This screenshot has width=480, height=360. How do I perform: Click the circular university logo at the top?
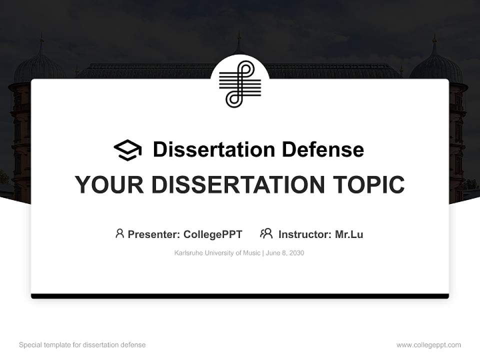[240, 83]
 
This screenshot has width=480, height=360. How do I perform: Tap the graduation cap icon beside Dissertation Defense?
[127, 149]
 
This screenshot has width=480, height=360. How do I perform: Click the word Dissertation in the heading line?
[213, 149]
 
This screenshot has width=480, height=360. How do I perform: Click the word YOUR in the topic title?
[109, 184]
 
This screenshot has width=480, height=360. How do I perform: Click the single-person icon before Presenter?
[119, 233]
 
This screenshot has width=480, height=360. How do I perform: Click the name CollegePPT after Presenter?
[213, 234]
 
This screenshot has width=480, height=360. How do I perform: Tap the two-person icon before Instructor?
[266, 233]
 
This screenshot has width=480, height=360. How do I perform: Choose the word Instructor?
[304, 234]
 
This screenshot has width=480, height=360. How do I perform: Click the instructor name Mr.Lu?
[349, 234]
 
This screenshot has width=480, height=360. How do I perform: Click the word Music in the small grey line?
[250, 253]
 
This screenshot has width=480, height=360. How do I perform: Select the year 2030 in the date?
[296, 253]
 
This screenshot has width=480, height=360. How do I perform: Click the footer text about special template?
[82, 345]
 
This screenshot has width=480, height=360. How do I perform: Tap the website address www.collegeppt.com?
[428, 345]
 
